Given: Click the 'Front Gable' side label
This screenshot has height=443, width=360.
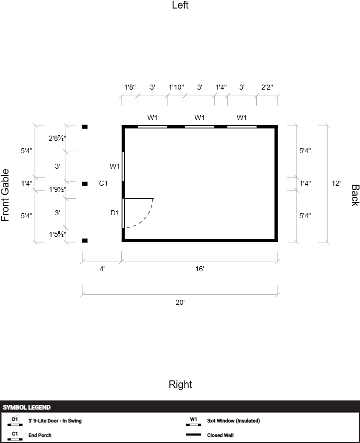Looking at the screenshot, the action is pyautogui.click(x=6, y=195).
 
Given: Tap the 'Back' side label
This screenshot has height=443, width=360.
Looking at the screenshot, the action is pyautogui.click(x=355, y=195).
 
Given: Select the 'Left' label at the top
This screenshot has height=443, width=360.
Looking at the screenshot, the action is pyautogui.click(x=180, y=5).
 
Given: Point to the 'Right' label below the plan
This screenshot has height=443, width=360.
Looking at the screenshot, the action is pyautogui.click(x=180, y=384).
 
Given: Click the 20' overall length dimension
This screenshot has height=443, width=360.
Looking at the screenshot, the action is pyautogui.click(x=180, y=302).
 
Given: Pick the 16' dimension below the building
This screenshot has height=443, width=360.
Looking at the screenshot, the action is pyautogui.click(x=199, y=269).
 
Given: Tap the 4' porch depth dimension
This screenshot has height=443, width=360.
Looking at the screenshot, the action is pyautogui.click(x=102, y=269).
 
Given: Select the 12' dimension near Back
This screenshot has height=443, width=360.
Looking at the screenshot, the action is pyautogui.click(x=336, y=183).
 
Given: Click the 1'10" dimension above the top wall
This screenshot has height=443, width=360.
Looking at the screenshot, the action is pyautogui.click(x=176, y=87).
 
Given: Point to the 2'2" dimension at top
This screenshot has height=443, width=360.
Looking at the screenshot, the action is pyautogui.click(x=267, y=87).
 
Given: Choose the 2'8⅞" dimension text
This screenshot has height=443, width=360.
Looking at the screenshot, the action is pyautogui.click(x=58, y=138).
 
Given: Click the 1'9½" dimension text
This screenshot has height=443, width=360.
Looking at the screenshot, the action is pyautogui.click(x=58, y=189).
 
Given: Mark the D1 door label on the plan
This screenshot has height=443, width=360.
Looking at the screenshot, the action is pyautogui.click(x=115, y=213).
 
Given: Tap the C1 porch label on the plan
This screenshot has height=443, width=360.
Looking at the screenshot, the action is pyautogui.click(x=103, y=183).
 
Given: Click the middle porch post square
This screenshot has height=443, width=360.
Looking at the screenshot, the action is pyautogui.click(x=85, y=184).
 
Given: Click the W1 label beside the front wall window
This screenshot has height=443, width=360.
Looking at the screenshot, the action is pyautogui.click(x=115, y=166).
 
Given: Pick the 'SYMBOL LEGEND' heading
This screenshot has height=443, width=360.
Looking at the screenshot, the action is pyautogui.click(x=27, y=407).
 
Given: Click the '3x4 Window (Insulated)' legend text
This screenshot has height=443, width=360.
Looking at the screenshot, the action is pyautogui.click(x=233, y=420).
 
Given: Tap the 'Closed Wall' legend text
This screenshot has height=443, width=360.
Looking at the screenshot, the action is pyautogui.click(x=220, y=435).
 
